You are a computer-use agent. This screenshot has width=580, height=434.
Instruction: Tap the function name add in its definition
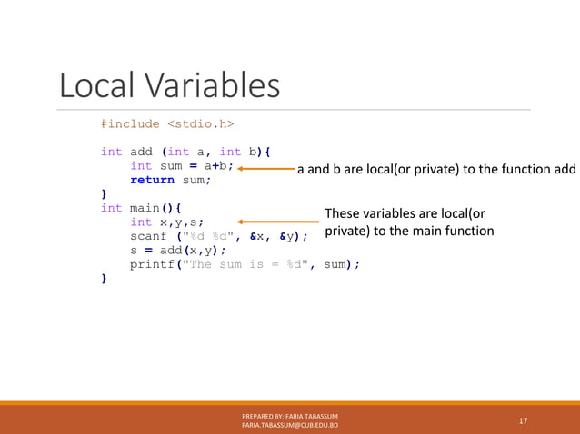pos(141,152)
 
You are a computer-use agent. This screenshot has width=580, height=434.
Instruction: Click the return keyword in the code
pos(152,180)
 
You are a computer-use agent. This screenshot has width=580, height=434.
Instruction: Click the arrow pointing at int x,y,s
pos(278,221)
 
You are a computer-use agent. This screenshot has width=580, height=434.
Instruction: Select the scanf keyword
pos(148,236)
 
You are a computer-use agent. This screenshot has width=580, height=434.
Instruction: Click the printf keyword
pos(152,264)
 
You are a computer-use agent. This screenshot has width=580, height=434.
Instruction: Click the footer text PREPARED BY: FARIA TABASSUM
pos(290,416)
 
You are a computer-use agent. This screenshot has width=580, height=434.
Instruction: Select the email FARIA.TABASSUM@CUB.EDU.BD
pos(290,426)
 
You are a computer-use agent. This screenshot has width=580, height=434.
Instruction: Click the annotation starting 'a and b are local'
pos(436,169)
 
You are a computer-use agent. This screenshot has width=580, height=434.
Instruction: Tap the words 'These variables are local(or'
pos(405,214)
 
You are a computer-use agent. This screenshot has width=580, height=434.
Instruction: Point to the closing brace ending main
pos(104,279)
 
